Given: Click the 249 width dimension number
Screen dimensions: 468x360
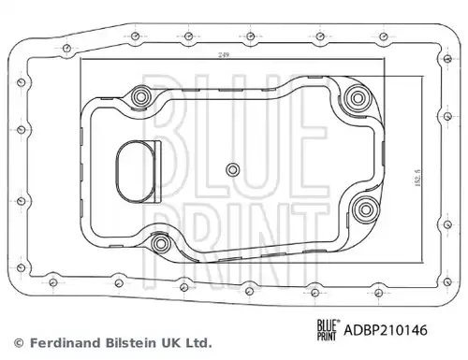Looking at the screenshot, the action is tap(224, 55).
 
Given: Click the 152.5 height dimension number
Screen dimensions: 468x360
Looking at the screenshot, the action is tap(417, 178).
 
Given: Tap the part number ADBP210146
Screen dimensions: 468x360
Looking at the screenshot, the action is tap(386, 330).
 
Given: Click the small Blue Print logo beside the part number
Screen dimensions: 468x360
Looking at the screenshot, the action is tap(328, 330).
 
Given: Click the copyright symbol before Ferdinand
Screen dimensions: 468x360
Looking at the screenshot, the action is tap(19, 343).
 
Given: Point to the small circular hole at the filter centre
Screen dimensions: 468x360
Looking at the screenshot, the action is tap(232, 170).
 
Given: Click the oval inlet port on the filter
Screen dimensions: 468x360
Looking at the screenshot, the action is tap(136, 171).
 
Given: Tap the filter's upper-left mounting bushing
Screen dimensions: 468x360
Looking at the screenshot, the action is tap(140, 96).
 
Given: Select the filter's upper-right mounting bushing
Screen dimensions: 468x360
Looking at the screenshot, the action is tap(357, 98).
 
